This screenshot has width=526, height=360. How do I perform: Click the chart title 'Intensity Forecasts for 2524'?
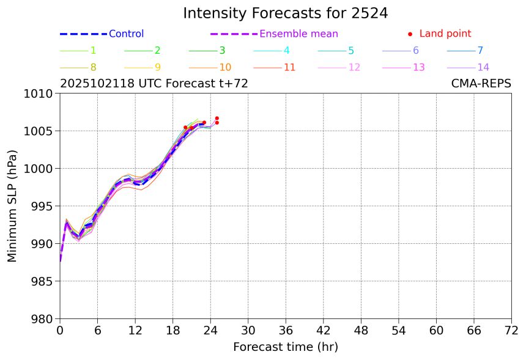click(285, 13)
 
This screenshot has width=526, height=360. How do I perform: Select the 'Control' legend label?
click(126, 34)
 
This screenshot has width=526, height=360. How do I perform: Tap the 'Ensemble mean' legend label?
click(298, 34)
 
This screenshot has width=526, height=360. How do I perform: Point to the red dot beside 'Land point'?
click(410, 34)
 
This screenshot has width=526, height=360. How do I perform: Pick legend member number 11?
click(290, 67)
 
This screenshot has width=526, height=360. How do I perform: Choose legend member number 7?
click(480, 51)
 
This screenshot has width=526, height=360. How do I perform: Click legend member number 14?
click(483, 67)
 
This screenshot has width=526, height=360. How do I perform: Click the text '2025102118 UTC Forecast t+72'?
click(154, 84)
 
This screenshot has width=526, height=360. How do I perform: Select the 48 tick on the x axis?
click(361, 331)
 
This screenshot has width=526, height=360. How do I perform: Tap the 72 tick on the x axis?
click(511, 331)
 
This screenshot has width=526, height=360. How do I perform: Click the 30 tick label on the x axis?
click(248, 331)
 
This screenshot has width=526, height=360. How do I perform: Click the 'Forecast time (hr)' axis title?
click(285, 347)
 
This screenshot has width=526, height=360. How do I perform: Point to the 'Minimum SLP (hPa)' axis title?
click(12, 206)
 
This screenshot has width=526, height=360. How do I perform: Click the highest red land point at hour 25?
click(217, 118)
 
